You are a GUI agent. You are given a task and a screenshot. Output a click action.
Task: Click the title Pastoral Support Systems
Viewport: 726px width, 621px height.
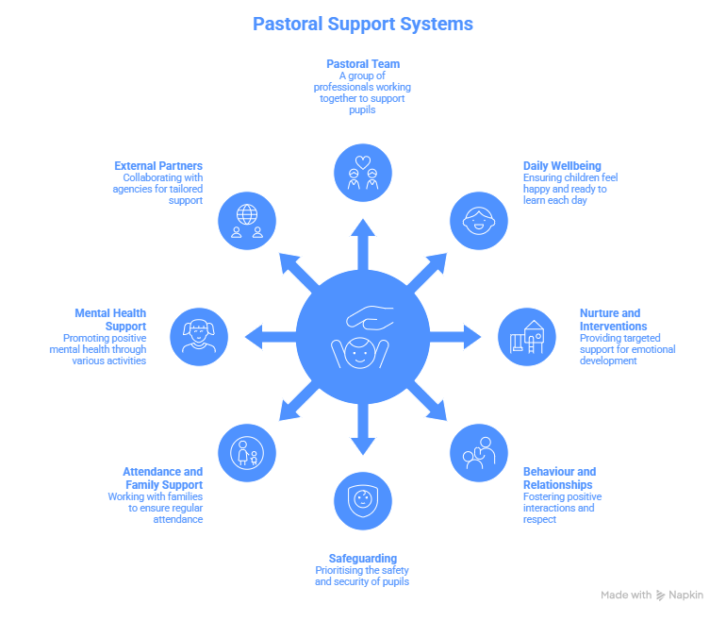(363, 23)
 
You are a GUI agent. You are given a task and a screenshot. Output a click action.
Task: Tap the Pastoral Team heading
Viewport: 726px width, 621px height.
(363, 64)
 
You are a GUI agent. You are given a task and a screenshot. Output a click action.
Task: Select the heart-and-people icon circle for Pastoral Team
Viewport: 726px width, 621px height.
(363, 171)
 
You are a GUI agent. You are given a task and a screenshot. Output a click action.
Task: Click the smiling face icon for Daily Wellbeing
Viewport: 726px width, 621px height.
(477, 220)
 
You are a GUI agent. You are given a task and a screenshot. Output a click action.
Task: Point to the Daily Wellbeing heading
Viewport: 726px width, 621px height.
(562, 166)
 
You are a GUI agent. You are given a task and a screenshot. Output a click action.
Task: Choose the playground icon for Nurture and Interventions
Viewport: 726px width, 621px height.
(527, 336)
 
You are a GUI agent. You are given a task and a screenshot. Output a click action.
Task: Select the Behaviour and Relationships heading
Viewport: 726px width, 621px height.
(559, 478)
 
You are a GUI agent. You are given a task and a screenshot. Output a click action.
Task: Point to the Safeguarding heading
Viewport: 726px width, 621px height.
(362, 559)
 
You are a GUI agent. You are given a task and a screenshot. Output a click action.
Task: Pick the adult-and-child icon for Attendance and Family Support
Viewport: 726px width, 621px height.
(247, 452)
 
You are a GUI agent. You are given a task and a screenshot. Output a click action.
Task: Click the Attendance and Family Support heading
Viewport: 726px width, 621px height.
(162, 478)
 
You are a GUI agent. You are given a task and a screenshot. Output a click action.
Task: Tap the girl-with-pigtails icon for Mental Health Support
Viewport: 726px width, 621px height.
(199, 336)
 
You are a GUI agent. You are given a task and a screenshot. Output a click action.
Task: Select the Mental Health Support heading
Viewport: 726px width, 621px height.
(110, 320)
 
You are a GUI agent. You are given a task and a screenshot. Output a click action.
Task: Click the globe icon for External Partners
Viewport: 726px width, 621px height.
(247, 220)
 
